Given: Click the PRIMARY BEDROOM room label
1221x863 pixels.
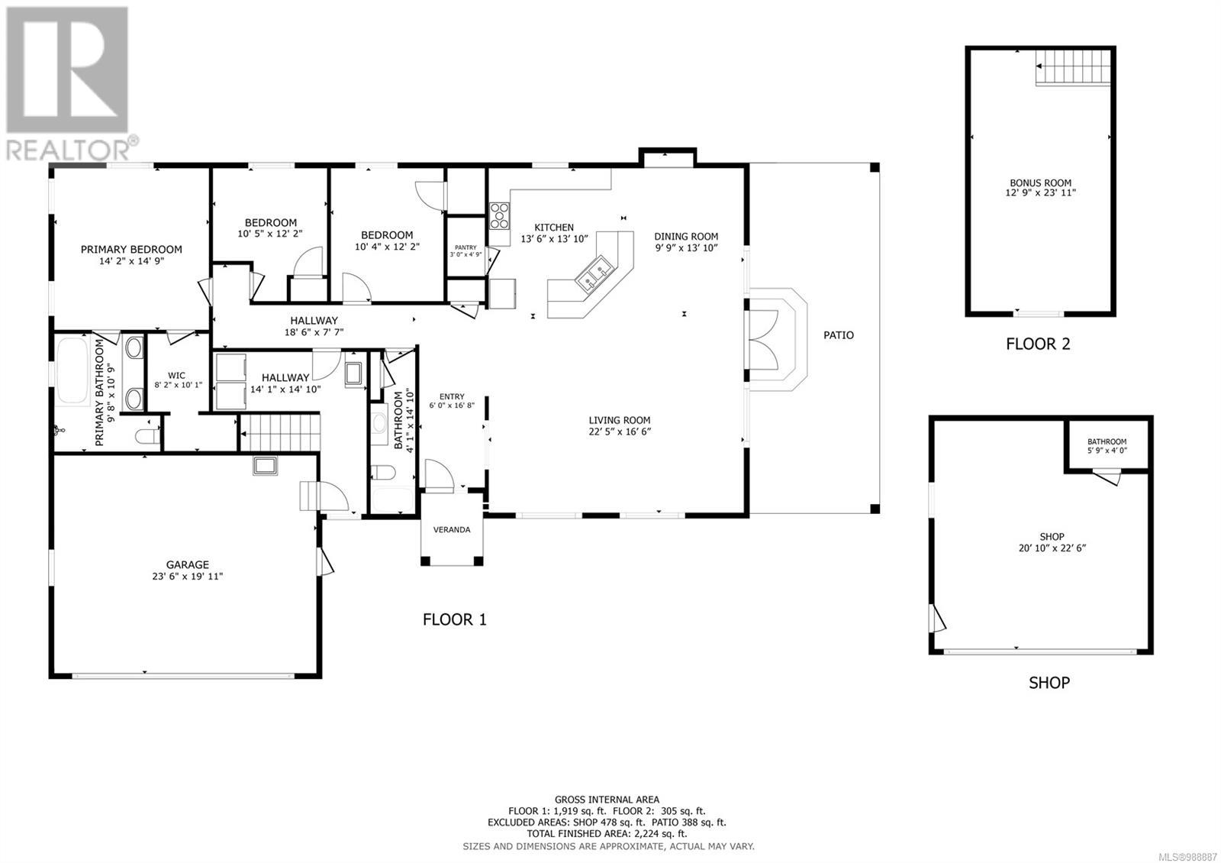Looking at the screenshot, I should click(x=131, y=249).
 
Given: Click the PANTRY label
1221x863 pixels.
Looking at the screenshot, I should click(x=465, y=247).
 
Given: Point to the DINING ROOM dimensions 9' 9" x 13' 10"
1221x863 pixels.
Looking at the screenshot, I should click(x=686, y=247).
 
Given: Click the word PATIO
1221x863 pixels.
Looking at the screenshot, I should click(x=838, y=335).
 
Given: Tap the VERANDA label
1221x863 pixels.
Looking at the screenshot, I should click(x=452, y=529).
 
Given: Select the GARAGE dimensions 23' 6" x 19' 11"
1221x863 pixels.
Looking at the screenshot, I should click(x=187, y=577).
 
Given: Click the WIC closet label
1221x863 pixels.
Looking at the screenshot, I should click(x=176, y=375).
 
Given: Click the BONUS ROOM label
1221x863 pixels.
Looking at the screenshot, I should click(x=1040, y=183).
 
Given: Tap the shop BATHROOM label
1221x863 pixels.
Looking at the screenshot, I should click(x=1107, y=441).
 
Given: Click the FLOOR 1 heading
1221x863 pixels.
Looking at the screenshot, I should click(x=454, y=619).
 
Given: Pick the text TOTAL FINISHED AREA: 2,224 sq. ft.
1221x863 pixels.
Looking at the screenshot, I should click(x=607, y=834).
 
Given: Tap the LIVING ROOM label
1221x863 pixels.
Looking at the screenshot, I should click(x=619, y=420).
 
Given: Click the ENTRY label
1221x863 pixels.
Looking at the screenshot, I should click(x=452, y=396).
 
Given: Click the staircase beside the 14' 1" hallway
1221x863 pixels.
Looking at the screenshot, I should click(x=280, y=433).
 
